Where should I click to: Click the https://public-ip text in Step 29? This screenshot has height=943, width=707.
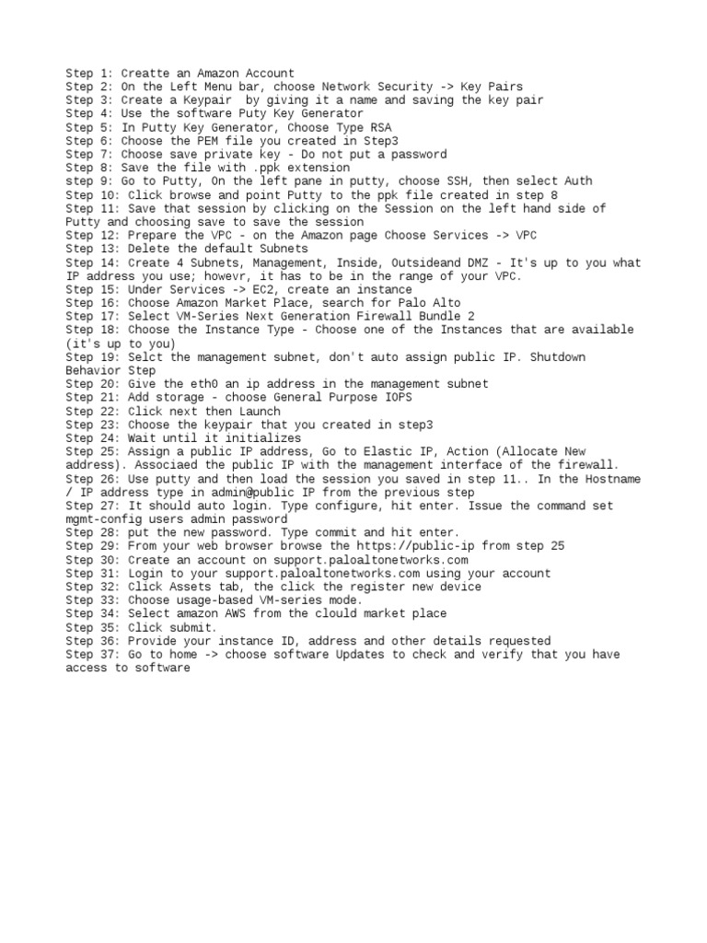(409, 546)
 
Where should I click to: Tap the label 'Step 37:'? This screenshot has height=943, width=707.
(93, 654)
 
